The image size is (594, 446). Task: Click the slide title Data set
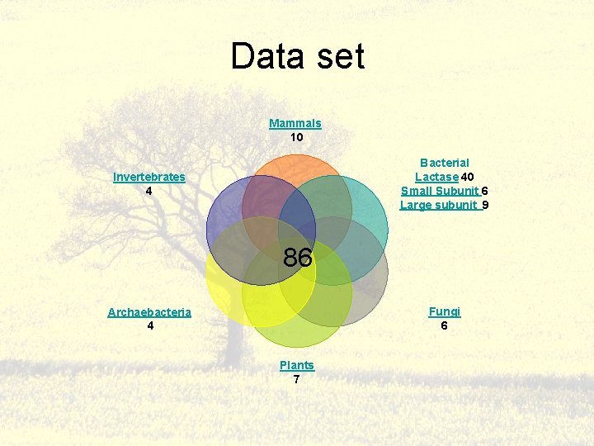pyautogui.click(x=297, y=57)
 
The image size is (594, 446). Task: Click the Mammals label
pyautogui.click(x=295, y=123)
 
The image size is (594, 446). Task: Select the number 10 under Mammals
pyautogui.click(x=296, y=137)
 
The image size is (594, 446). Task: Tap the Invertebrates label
pyautogui.click(x=149, y=177)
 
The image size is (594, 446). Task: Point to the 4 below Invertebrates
pyautogui.click(x=148, y=191)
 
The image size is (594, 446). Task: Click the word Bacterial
pyautogui.click(x=444, y=163)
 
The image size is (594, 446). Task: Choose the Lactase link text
pyautogui.click(x=436, y=177)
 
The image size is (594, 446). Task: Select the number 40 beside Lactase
pyautogui.click(x=467, y=177)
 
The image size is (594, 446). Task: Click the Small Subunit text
pyautogui.click(x=440, y=191)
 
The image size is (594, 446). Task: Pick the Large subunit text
pyautogui.click(x=440, y=205)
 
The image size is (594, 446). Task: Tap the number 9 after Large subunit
pyautogui.click(x=485, y=205)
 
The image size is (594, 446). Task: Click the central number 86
pyautogui.click(x=298, y=259)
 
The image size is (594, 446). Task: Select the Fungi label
pyautogui.click(x=445, y=311)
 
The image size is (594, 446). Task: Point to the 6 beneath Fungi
pyautogui.click(x=445, y=325)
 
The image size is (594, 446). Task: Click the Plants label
pyautogui.click(x=296, y=365)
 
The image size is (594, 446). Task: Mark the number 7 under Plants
pyautogui.click(x=296, y=379)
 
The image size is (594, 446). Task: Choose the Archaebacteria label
pyautogui.click(x=149, y=311)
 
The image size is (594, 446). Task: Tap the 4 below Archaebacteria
pyautogui.click(x=149, y=325)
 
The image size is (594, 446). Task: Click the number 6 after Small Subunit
pyautogui.click(x=485, y=191)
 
